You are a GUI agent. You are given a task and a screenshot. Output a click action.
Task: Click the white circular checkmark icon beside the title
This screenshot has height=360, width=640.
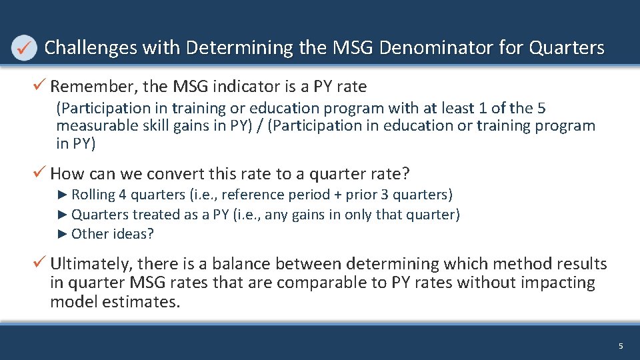point(24,49)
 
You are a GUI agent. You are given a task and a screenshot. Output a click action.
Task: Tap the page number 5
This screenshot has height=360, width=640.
point(621,346)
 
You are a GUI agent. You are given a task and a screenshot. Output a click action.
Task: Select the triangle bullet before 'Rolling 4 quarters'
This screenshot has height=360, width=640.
point(63,195)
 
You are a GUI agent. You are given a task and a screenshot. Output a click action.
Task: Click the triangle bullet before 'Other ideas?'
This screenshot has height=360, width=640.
point(63,234)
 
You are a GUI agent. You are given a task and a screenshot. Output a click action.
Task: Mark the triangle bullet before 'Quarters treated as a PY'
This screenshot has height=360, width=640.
point(63,215)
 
